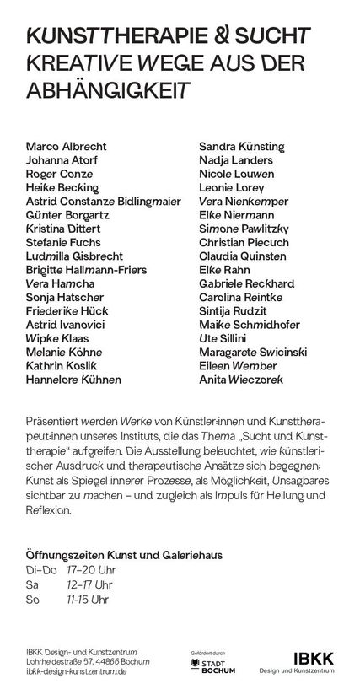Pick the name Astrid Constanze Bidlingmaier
[x=105, y=202]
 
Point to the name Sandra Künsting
[x=243, y=147]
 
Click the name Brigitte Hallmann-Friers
[x=87, y=270]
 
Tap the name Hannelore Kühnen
[x=73, y=380]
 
